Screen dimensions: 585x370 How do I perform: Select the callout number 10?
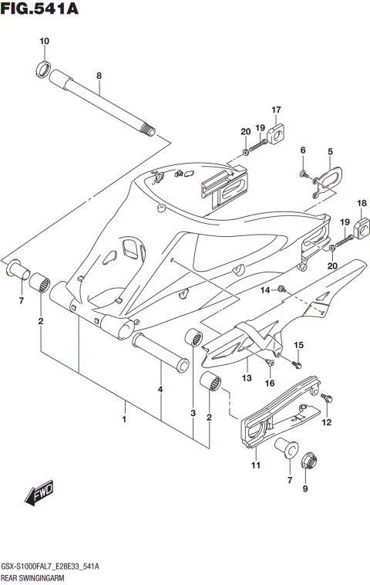click(43, 41)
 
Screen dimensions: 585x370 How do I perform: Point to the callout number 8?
click(99, 76)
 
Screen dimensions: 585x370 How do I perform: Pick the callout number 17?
click(275, 110)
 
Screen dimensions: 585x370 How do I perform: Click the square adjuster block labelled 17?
click(275, 135)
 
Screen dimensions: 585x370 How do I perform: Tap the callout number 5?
click(330, 152)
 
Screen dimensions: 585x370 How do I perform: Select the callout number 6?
click(303, 150)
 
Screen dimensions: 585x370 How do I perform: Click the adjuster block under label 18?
click(361, 227)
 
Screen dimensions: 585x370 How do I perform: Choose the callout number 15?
click(299, 344)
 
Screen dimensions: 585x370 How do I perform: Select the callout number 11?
click(255, 465)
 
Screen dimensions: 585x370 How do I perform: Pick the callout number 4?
click(160, 390)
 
